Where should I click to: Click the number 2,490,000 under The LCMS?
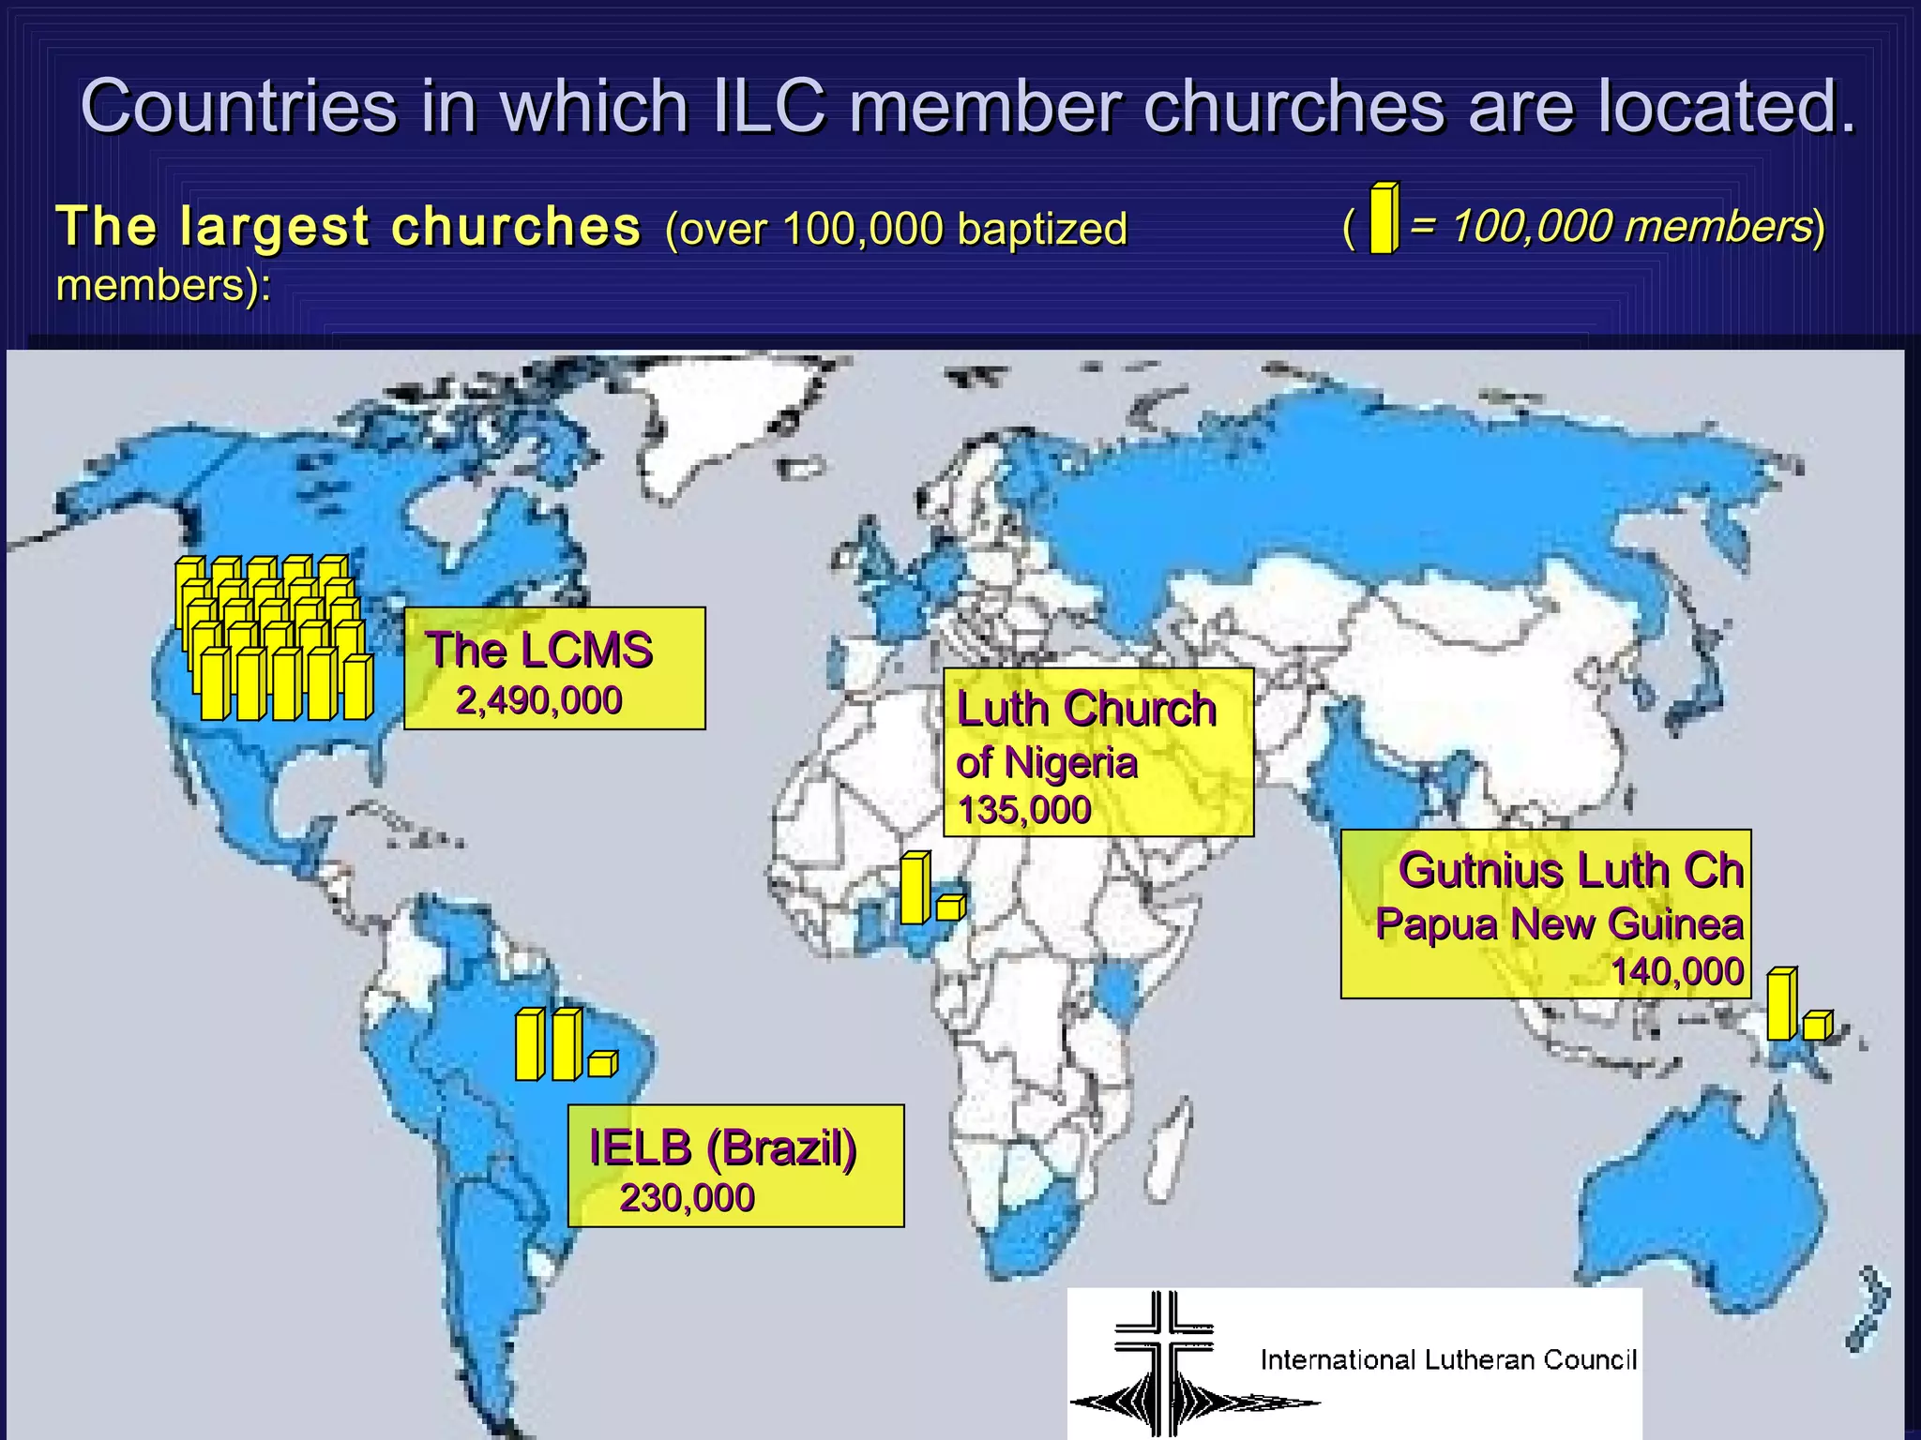point(538,700)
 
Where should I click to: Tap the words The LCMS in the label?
point(538,650)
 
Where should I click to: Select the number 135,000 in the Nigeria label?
point(1024,810)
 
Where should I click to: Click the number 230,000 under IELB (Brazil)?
point(687,1198)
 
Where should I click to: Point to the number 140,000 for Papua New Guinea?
point(1677,971)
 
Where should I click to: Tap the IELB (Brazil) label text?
point(722,1147)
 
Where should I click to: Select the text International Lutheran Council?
point(1448,1359)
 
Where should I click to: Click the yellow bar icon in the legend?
point(1384,219)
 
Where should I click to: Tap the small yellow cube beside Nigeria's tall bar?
point(949,907)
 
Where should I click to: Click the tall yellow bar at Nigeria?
point(914,888)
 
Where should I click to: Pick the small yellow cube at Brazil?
point(602,1064)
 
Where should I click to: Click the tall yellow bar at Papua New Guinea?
point(1781,1004)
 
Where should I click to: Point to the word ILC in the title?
point(769,106)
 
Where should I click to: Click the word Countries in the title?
point(239,106)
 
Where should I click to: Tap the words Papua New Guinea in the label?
point(1559,923)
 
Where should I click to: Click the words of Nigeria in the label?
point(1046,762)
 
